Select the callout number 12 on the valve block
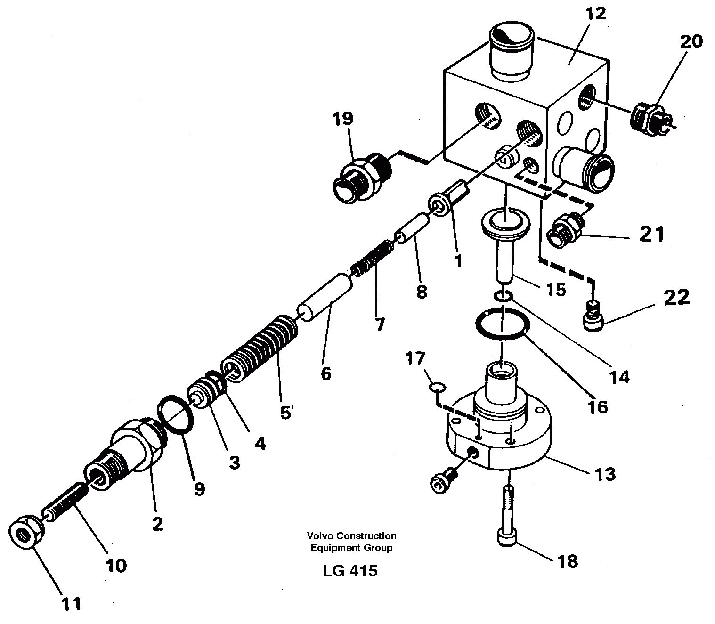click(595, 14)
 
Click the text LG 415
click(350, 571)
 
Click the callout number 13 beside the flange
click(605, 474)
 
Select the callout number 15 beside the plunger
click(556, 289)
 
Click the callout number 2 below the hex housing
click(157, 523)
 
